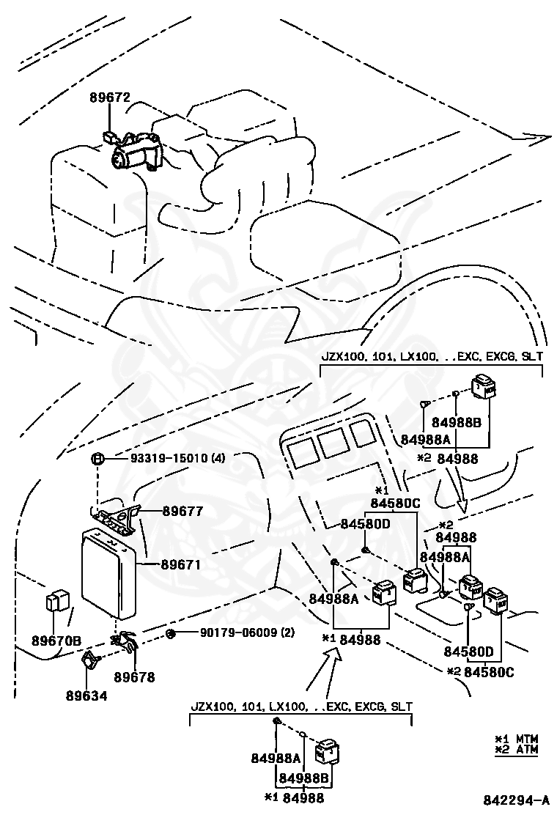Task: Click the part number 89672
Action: point(110,97)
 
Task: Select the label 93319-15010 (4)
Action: point(177,459)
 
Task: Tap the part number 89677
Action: point(182,511)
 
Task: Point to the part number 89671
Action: point(181,565)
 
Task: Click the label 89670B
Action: point(56,640)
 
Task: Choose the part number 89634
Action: point(86,696)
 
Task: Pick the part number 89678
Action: point(135,678)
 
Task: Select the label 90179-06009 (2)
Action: point(237,633)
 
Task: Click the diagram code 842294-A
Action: point(516,800)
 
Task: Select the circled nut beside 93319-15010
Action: point(97,460)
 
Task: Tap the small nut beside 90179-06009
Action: point(170,633)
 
